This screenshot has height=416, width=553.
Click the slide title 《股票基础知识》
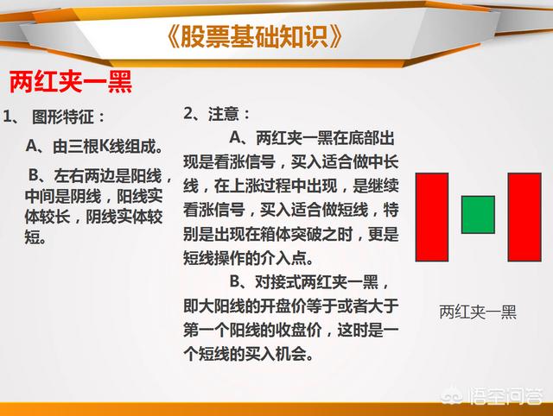(x=253, y=36)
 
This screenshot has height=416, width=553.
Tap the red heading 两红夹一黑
(x=71, y=82)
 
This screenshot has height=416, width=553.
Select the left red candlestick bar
(x=432, y=217)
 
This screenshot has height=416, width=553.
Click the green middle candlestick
(x=478, y=215)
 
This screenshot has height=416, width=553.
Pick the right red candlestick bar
(x=524, y=217)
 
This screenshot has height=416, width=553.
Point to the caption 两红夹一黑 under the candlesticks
(x=478, y=312)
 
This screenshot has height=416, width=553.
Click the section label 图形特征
(x=63, y=117)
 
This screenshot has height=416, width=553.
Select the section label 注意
(x=223, y=114)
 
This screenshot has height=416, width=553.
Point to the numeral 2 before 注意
(x=188, y=114)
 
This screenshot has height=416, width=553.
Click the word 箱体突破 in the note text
(x=276, y=234)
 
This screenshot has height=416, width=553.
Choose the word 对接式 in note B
(x=277, y=282)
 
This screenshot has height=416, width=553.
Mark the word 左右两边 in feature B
(x=85, y=175)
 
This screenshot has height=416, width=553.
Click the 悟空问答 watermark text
(x=505, y=396)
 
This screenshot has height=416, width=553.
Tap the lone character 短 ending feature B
(x=33, y=236)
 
